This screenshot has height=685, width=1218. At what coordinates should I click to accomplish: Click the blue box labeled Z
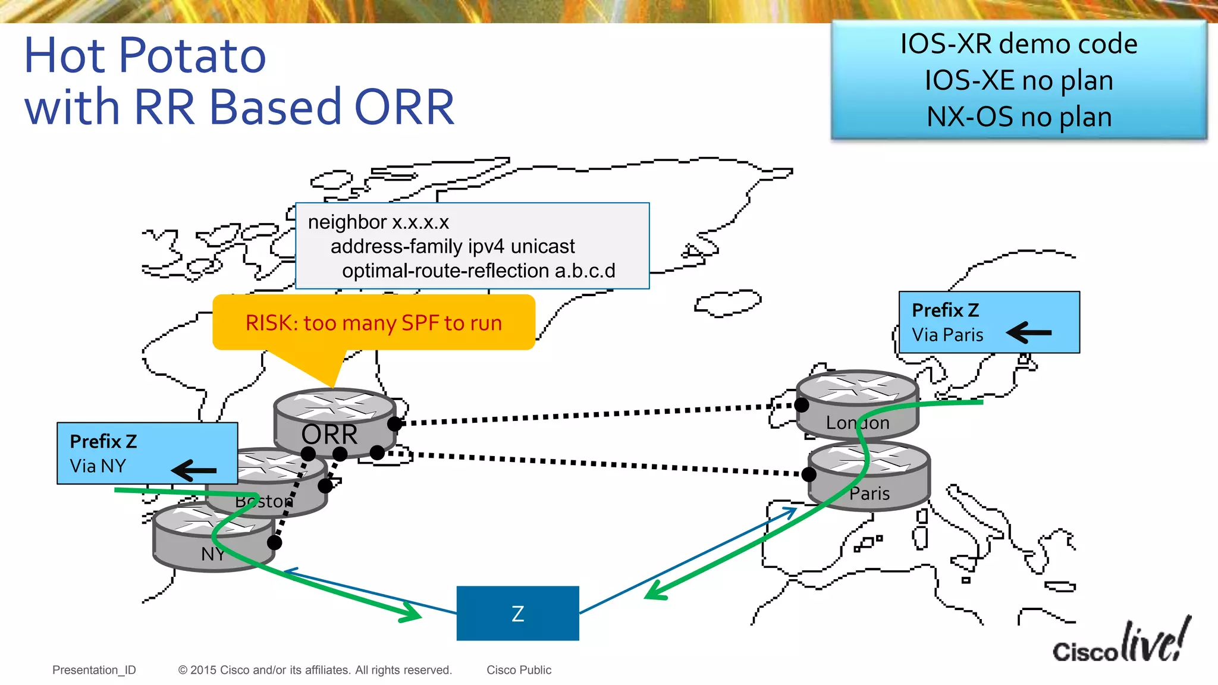(517, 613)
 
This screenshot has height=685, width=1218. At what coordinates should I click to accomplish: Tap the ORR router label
(329, 435)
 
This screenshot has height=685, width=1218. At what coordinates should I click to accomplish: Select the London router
(857, 404)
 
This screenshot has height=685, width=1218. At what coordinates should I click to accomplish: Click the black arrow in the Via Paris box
(1029, 332)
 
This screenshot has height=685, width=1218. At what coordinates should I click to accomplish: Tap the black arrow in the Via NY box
(194, 470)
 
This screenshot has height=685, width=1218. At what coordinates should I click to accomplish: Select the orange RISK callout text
(373, 323)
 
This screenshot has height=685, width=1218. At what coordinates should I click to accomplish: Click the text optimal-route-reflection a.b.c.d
(479, 271)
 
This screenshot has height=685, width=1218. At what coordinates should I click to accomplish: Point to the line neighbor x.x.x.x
(378, 222)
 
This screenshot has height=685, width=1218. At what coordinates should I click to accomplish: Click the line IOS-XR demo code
(1018, 44)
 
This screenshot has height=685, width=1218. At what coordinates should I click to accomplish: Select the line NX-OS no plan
(1019, 117)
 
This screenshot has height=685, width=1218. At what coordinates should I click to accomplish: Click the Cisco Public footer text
(519, 670)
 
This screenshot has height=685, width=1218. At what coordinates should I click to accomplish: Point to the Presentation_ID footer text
(94, 670)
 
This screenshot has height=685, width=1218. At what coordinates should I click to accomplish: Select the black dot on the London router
(802, 405)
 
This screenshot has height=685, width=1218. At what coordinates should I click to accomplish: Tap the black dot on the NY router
(274, 542)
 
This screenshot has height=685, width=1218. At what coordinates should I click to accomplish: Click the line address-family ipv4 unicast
(453, 247)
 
